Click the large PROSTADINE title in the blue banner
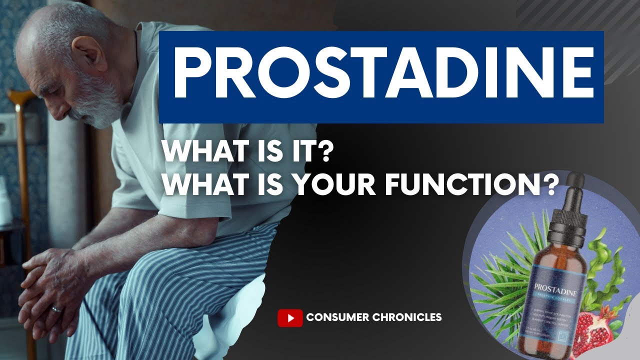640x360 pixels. pos(381,76)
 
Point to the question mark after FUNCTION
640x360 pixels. pos(549,185)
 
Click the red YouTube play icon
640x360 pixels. pos(290,317)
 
